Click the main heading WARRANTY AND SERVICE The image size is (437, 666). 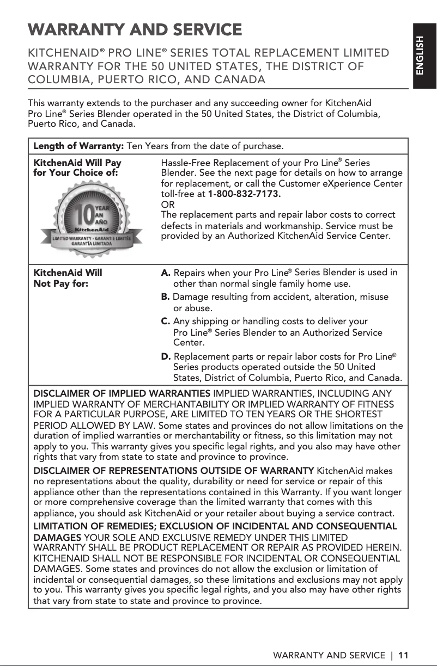pos(135,29)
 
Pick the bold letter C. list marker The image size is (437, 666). pos(166,322)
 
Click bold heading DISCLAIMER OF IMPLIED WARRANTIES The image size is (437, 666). pos(123,393)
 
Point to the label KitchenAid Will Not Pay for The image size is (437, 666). pos(68,277)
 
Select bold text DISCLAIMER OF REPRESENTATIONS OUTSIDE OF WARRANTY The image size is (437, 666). pos(174,470)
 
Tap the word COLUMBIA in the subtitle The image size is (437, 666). pos(63,81)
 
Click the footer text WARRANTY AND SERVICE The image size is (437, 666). pos(329,655)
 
